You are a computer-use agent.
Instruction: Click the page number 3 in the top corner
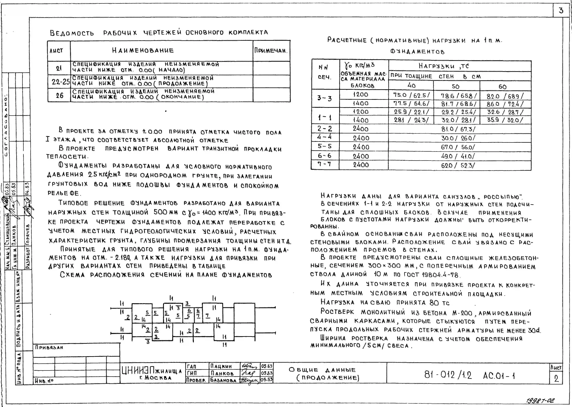(x=561, y=11)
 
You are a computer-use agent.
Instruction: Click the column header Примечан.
(x=271, y=51)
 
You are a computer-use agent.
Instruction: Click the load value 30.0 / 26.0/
(x=458, y=138)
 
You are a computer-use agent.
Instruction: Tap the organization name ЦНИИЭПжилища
(x=152, y=370)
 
